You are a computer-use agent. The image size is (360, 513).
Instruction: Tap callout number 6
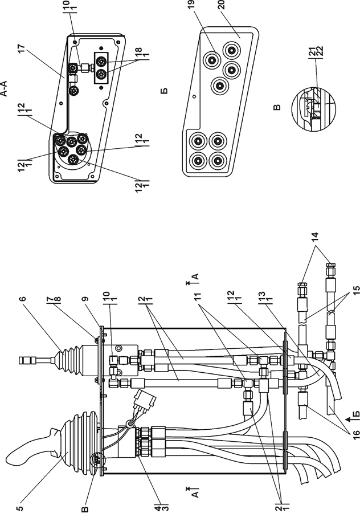click(x=24, y=298)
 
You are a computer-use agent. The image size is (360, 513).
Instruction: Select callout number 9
click(x=85, y=298)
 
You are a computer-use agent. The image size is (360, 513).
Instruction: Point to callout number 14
click(x=314, y=236)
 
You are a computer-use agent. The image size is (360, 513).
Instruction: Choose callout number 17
click(x=22, y=51)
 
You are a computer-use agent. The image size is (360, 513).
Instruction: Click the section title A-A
click(x=5, y=89)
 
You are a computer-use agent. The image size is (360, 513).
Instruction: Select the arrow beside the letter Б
click(x=348, y=418)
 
